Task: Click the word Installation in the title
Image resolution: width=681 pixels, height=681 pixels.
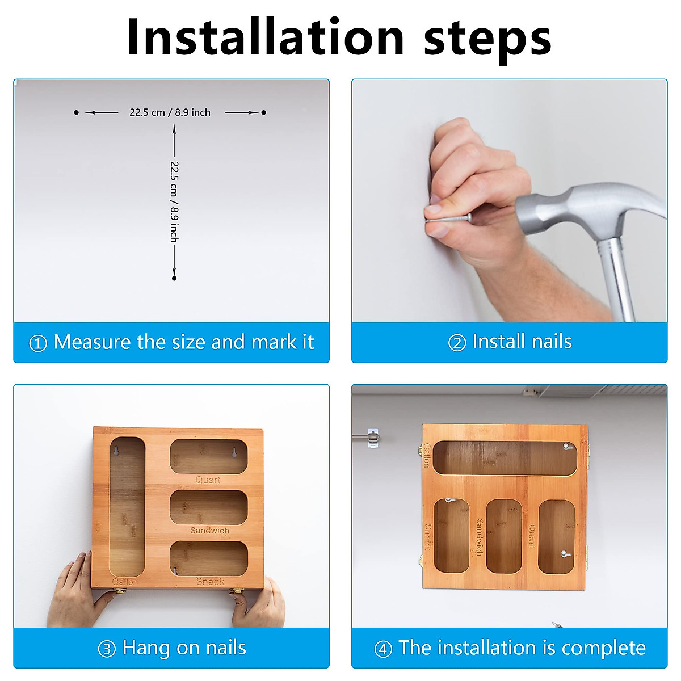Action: tap(265, 37)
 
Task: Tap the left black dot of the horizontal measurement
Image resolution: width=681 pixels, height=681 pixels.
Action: tap(77, 112)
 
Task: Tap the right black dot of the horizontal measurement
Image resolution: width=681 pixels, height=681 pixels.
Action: tap(264, 112)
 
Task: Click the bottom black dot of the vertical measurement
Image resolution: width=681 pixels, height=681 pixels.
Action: tap(174, 279)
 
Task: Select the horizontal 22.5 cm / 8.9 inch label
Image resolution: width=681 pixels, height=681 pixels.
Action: tap(170, 112)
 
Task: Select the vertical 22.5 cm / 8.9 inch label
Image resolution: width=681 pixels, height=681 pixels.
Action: tap(174, 202)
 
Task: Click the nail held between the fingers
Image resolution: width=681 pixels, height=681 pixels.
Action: tap(449, 218)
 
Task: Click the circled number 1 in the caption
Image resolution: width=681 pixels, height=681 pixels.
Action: tap(38, 343)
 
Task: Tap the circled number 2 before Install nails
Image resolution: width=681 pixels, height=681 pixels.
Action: tap(457, 343)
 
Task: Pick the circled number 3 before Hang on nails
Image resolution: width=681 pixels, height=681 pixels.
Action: tap(107, 649)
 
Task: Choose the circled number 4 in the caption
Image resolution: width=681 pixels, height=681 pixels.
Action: tap(383, 649)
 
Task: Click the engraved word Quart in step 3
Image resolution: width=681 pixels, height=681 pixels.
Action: tap(208, 480)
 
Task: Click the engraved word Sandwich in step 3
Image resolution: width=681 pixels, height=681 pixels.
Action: tap(209, 530)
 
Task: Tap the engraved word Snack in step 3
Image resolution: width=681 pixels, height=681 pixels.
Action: tap(211, 581)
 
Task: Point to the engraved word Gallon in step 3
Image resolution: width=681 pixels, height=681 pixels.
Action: tap(125, 582)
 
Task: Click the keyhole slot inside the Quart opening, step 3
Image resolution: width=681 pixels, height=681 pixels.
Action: tap(234, 453)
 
